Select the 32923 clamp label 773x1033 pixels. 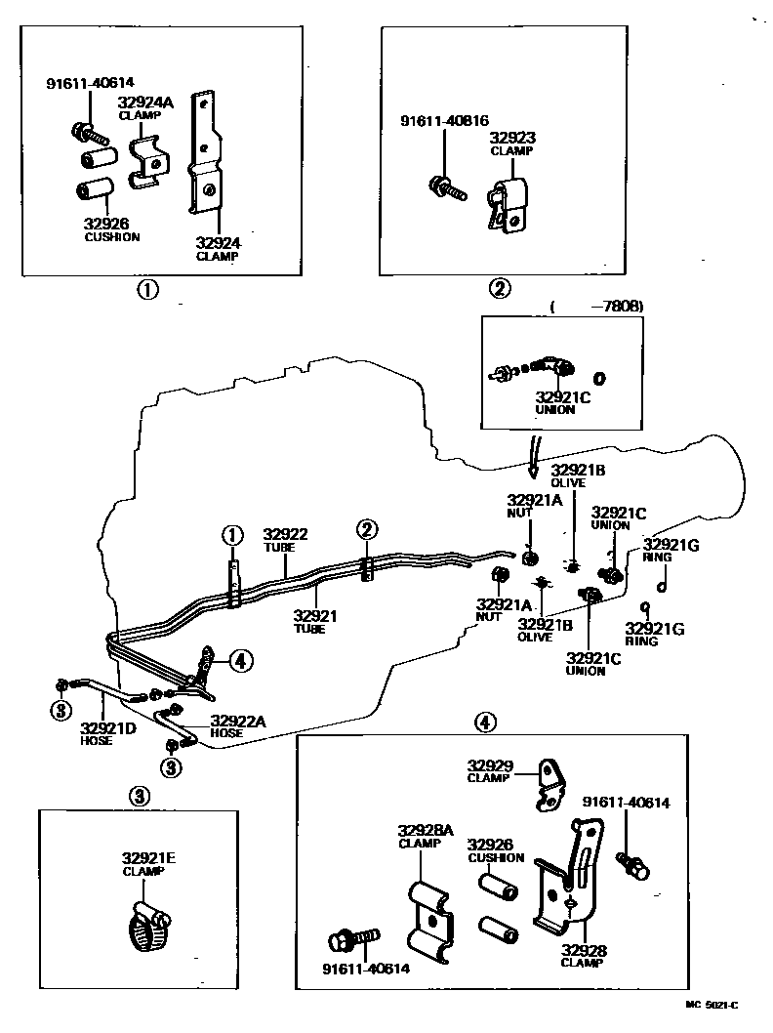(x=512, y=145)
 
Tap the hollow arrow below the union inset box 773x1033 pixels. (x=534, y=457)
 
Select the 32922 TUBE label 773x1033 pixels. (x=285, y=540)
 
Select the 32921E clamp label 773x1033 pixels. (x=148, y=863)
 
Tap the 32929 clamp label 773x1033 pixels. (x=490, y=771)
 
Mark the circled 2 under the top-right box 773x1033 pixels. (x=499, y=288)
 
